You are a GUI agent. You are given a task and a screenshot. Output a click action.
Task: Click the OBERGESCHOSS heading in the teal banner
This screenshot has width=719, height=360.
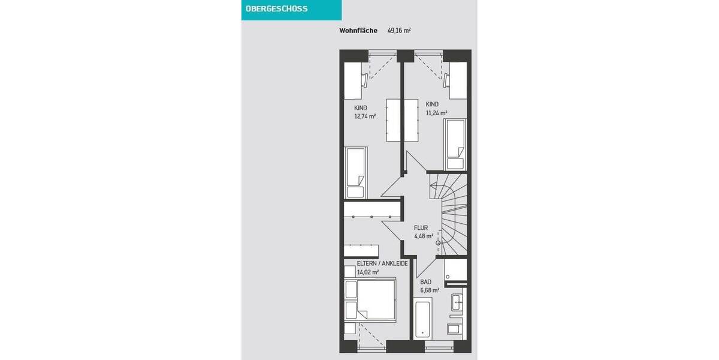[x=276, y=9]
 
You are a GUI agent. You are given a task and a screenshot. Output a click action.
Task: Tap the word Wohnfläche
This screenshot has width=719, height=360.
[x=358, y=30]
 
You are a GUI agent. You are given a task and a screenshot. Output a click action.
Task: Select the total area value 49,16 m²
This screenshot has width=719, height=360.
[x=399, y=30]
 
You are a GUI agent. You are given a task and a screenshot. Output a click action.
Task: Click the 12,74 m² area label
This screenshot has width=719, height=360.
[x=365, y=116]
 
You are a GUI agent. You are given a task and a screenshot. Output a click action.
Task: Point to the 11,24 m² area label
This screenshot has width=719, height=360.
[x=436, y=112]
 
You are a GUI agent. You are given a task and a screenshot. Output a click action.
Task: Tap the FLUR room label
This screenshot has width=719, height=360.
[x=421, y=228]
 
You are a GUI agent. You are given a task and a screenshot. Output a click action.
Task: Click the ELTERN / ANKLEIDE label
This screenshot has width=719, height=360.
[x=382, y=263]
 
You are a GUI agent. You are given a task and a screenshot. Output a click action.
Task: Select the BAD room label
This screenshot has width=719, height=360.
[x=425, y=281]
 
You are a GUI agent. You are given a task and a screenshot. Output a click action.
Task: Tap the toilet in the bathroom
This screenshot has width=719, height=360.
[x=454, y=328]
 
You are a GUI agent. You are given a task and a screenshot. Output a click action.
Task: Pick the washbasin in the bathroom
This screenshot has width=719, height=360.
[x=457, y=302]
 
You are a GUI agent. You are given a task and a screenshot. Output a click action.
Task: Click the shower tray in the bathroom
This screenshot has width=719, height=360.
[x=455, y=271]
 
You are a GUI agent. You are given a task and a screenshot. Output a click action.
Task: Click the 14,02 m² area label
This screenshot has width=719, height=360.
[x=368, y=272]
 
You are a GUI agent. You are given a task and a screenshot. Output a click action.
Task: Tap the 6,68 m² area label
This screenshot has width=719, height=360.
[x=430, y=290]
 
